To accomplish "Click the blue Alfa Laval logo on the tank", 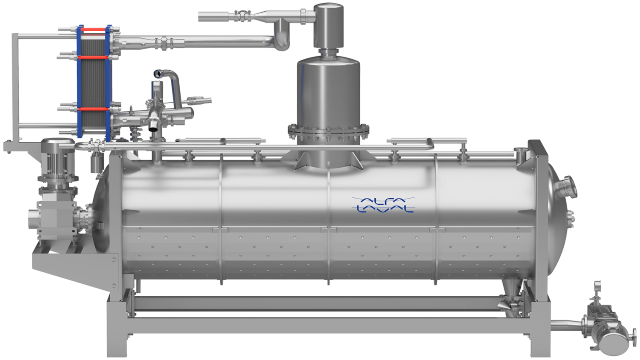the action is click(x=384, y=204).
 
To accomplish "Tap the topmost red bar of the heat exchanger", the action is click(x=94, y=30).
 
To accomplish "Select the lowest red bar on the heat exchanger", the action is click(x=94, y=109).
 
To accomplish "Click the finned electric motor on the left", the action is click(x=58, y=157).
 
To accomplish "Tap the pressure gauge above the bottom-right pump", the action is click(x=598, y=287).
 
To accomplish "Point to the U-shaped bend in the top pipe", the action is click(x=282, y=38).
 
